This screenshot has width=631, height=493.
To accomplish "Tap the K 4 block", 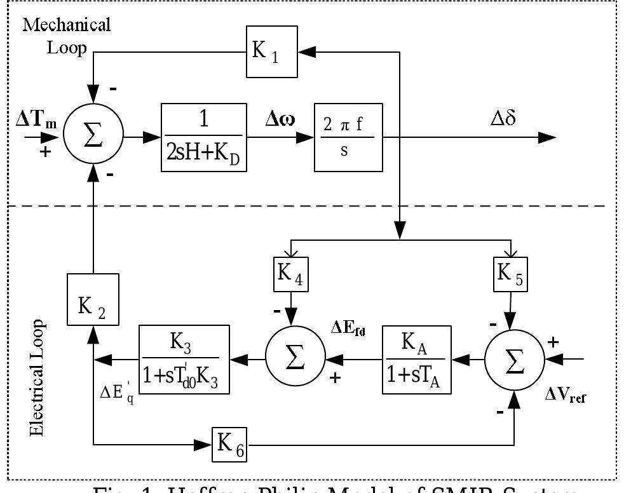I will coord(290,274).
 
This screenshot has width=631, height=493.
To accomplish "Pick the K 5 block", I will coord(510,274).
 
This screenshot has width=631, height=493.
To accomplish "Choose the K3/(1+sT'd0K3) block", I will coord(184,360).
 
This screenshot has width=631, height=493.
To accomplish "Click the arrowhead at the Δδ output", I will coord(549,137).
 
